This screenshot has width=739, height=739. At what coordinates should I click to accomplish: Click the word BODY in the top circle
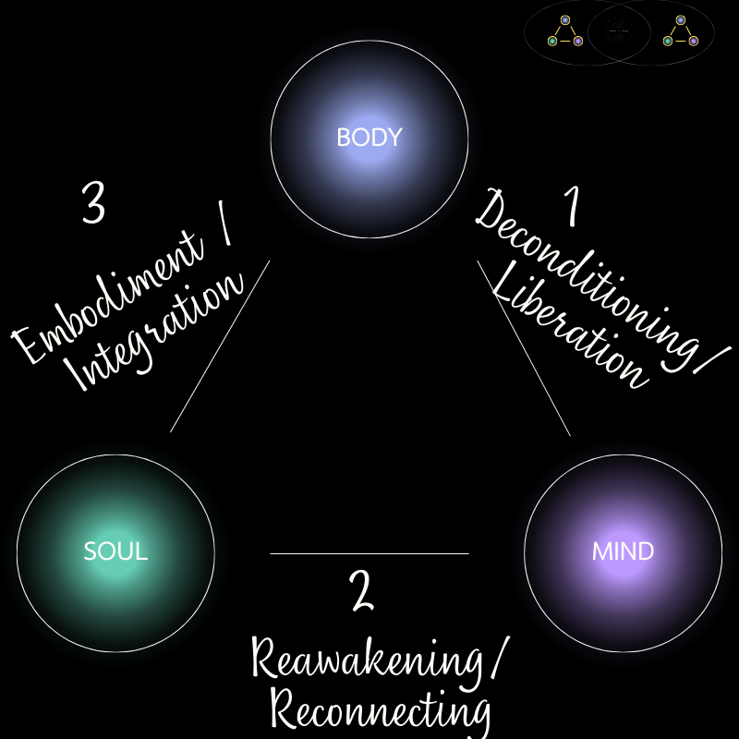pyautogui.click(x=369, y=138)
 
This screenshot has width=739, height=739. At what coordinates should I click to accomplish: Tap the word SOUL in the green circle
pyautogui.click(x=115, y=552)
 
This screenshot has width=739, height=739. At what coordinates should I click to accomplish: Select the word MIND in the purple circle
pyautogui.click(x=623, y=552)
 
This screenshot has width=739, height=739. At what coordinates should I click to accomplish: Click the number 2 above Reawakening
pyautogui.click(x=362, y=592)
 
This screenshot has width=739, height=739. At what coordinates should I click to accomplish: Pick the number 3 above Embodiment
pyautogui.click(x=92, y=204)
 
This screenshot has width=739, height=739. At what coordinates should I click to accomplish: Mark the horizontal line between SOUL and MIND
pyautogui.click(x=369, y=553)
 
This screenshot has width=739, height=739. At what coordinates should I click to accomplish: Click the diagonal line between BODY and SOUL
pyautogui.click(x=220, y=346)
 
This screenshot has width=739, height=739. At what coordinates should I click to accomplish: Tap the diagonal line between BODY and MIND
pyautogui.click(x=524, y=347)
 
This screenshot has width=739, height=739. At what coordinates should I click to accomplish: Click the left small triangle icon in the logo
pyautogui.click(x=564, y=31)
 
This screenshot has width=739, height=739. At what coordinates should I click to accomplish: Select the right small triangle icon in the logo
pyautogui.click(x=680, y=31)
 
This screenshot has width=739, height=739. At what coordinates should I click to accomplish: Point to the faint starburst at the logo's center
pyautogui.click(x=620, y=31)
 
